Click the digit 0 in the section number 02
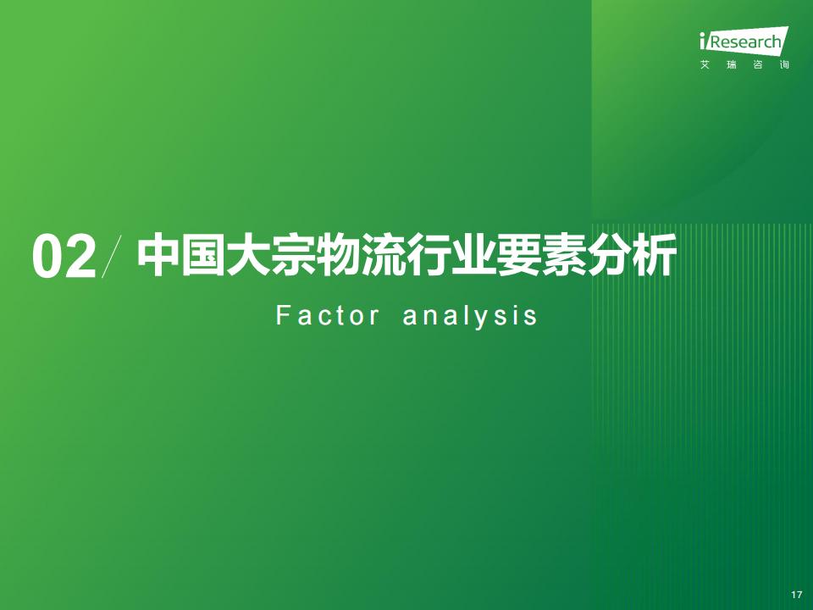(x=48, y=258)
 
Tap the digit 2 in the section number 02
(x=80, y=258)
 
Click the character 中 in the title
(x=158, y=255)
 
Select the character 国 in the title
(x=203, y=255)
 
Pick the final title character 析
(x=655, y=255)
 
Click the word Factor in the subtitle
(x=327, y=315)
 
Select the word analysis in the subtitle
(x=470, y=316)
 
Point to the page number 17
(x=796, y=595)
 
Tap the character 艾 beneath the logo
(x=705, y=65)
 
